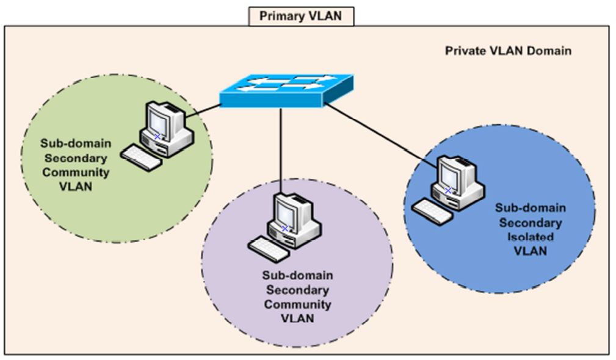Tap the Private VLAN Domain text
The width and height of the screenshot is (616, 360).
pos(507,51)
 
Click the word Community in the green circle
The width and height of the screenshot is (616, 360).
pos(75,173)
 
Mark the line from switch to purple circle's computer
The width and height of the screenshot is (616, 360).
pos(281,153)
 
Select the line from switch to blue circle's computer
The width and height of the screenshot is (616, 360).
pos(379,134)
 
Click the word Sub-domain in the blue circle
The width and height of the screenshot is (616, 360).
pos(530,208)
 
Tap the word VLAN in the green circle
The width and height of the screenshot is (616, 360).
pos(75,187)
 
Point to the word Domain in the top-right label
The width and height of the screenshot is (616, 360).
pos(551,51)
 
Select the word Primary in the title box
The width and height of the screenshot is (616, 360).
pos(280,15)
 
